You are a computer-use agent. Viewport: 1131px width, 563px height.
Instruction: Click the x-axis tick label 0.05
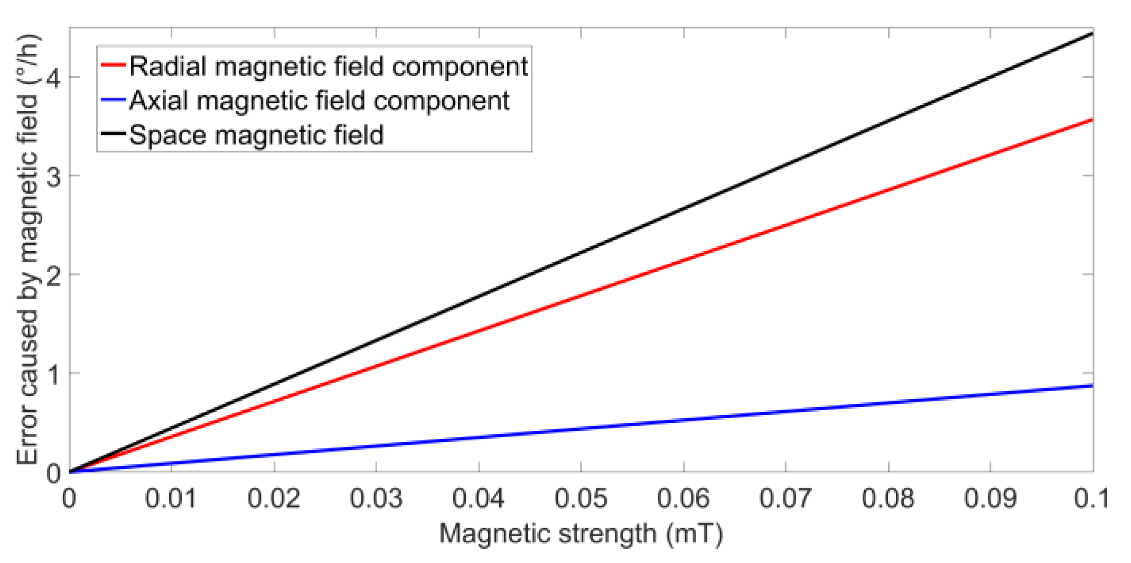point(581,499)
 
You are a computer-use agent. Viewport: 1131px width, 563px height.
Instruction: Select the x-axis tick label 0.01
point(171,499)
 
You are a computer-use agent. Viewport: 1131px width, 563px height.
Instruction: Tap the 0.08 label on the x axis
point(888,499)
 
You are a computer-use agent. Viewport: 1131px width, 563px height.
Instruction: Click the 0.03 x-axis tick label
point(376,499)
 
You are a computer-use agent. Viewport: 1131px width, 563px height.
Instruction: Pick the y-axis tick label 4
point(53,78)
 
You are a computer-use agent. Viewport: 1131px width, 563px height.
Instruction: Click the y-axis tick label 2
point(53,275)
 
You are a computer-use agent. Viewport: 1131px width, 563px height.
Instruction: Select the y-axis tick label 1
point(53,374)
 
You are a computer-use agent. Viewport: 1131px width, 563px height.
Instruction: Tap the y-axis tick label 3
point(53,176)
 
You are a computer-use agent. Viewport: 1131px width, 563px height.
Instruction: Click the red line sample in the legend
point(113,65)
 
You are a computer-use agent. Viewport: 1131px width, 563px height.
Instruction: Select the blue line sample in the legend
point(113,100)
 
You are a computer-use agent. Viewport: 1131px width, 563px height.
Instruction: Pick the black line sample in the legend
point(113,134)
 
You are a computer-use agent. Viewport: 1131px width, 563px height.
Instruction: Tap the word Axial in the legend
point(158,100)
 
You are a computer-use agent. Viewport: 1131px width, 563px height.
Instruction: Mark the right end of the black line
point(1092,33)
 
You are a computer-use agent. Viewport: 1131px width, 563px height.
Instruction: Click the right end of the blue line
point(1092,385)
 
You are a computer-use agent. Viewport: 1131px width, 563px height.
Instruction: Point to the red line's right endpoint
point(1092,120)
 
